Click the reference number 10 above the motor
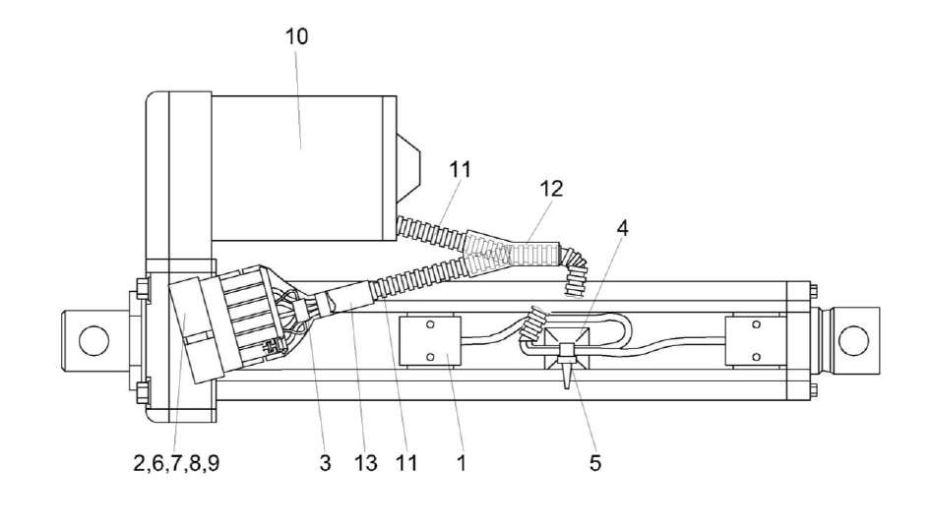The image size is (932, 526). tap(296, 37)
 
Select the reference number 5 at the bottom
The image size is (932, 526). tap(595, 462)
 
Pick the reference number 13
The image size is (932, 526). tap(366, 462)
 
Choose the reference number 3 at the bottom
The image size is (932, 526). tap(324, 462)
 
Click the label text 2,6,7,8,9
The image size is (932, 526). tap(176, 462)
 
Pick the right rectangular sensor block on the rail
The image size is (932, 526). tap(755, 340)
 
